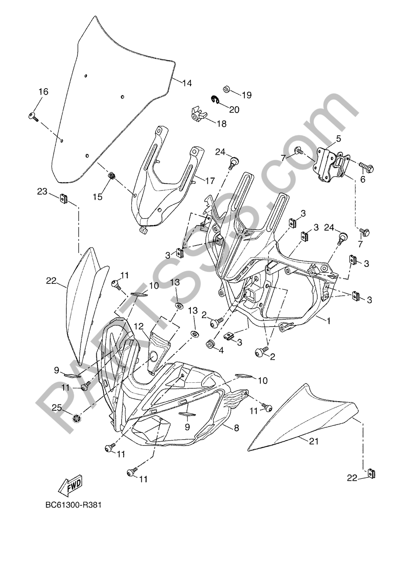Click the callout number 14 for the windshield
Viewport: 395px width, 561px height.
[x=187, y=83]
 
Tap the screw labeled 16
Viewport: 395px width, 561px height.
[x=33, y=117]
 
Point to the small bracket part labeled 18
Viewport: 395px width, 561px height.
[x=198, y=114]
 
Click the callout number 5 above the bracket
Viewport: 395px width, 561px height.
[x=339, y=138]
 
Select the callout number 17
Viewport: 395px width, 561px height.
[x=209, y=181]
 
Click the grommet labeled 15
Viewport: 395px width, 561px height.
[x=111, y=176]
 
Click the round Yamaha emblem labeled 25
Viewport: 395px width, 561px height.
[x=77, y=419]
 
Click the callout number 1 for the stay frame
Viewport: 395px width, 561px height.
[x=327, y=321]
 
